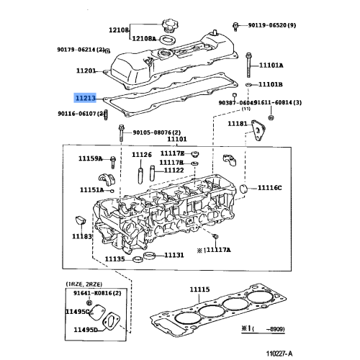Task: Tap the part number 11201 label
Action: click(x=86, y=71)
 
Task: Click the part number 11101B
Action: click(x=271, y=84)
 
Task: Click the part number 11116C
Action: click(x=271, y=188)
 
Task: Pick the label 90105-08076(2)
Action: click(x=156, y=132)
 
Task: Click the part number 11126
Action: click(x=141, y=155)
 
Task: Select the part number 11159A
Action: click(x=91, y=158)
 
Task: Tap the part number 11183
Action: click(x=81, y=236)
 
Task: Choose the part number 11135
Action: click(x=115, y=259)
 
